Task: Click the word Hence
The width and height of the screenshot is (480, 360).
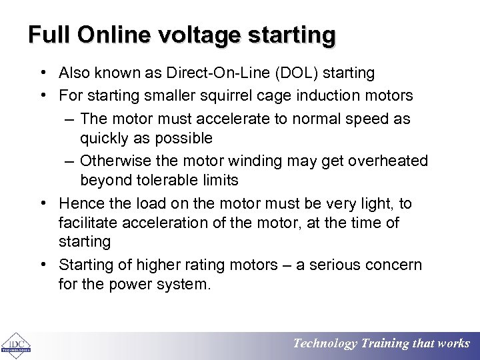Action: pos(79,204)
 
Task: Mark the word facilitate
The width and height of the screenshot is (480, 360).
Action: pos(87,222)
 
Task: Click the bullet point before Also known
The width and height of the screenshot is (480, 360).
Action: pos(42,72)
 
